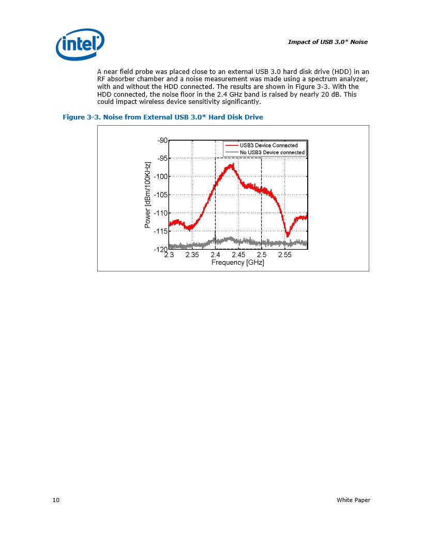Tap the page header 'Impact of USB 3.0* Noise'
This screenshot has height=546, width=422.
(x=327, y=42)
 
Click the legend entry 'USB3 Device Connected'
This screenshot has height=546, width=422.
(x=268, y=145)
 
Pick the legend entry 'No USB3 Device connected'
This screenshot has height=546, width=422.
(x=272, y=153)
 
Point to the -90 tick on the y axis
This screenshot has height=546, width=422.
(x=162, y=140)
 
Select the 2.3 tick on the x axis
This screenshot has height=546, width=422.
(x=169, y=255)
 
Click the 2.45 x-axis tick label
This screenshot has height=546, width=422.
(x=238, y=255)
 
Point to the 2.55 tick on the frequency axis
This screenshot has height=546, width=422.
(x=284, y=255)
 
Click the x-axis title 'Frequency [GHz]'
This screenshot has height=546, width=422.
(x=237, y=263)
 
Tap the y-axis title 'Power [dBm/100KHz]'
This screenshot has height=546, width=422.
(x=148, y=195)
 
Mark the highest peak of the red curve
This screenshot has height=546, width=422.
(x=233, y=164)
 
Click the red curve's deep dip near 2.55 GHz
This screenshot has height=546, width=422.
(x=288, y=236)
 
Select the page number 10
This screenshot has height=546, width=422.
(x=56, y=500)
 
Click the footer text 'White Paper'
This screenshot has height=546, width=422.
(x=353, y=500)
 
